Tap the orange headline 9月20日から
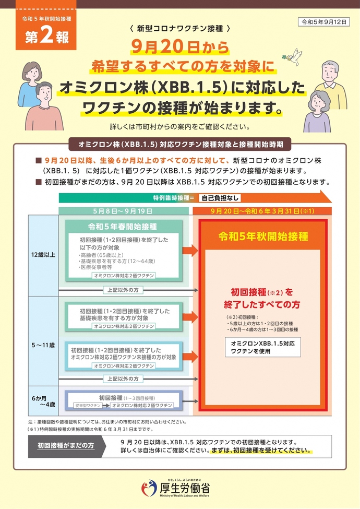click(x=180, y=48)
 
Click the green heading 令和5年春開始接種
click(x=123, y=227)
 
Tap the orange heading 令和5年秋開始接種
click(x=263, y=236)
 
